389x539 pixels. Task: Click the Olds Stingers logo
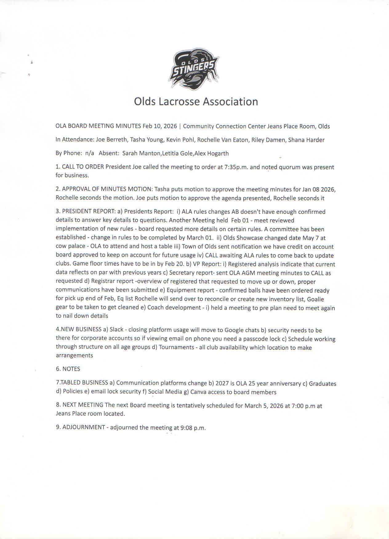pos(194,69)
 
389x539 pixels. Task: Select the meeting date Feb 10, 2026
pos(160,126)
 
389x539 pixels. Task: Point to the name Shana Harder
pos(306,140)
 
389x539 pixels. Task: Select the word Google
pos(234,330)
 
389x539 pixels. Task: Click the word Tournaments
pos(176,347)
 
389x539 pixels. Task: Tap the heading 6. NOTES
pos(68,369)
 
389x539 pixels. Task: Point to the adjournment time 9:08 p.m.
pos(193,428)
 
